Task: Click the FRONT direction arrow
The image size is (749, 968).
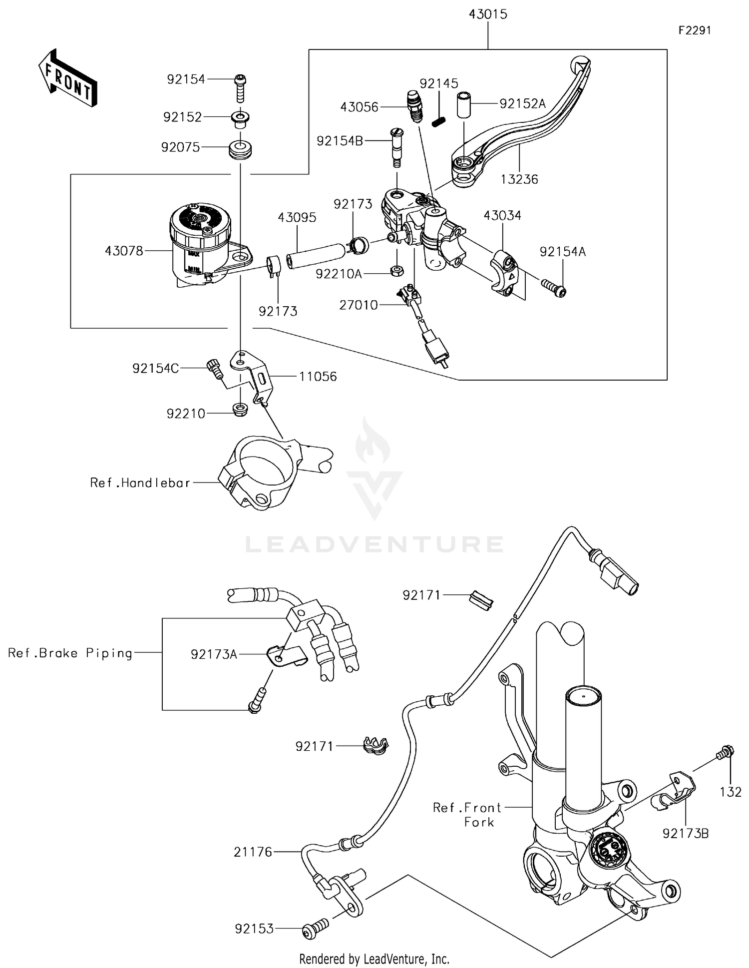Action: (x=68, y=78)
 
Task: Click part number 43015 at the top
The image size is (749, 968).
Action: (x=487, y=14)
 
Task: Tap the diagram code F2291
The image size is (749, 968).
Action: (x=694, y=30)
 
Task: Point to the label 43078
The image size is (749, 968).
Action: (x=124, y=251)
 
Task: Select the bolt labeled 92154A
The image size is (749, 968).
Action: (x=553, y=288)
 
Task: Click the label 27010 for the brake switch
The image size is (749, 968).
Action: (x=358, y=305)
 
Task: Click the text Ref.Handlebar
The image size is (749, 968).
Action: (x=140, y=483)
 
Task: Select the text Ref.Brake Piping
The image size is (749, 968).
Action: (x=70, y=653)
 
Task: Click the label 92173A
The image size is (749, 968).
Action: (x=213, y=654)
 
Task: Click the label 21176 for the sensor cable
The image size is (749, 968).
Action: (x=253, y=852)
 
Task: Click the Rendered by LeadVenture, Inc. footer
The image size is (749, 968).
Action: (x=374, y=959)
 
